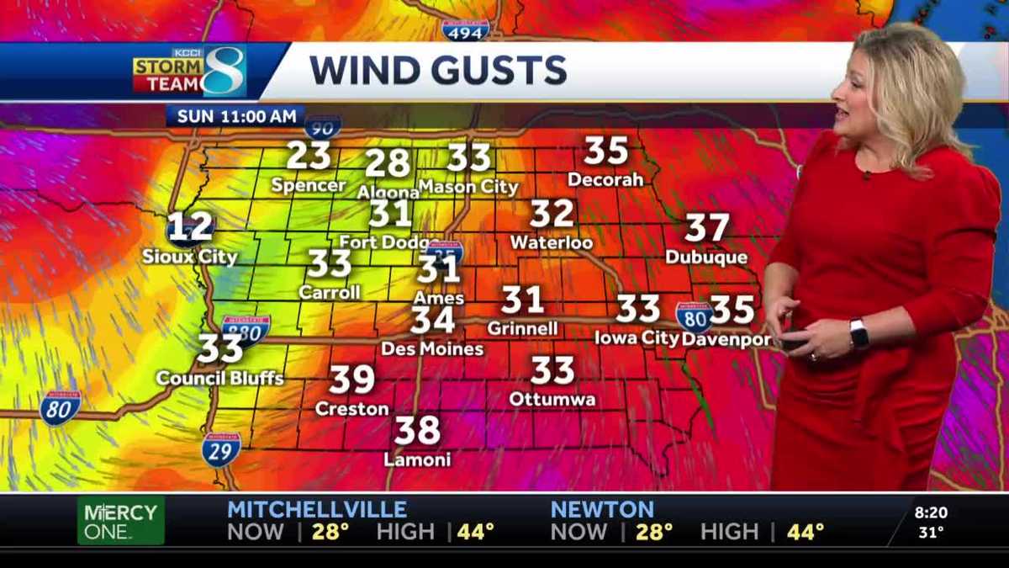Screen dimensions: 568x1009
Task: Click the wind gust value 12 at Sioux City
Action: tap(191, 227)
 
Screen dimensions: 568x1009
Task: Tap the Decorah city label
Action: tap(605, 179)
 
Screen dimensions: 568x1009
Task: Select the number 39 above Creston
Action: tap(351, 380)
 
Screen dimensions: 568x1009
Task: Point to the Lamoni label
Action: tap(417, 459)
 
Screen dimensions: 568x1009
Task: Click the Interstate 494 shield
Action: tap(465, 30)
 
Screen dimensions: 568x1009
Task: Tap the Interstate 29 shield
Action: tap(221, 450)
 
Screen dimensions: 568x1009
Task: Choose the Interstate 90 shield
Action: tap(323, 126)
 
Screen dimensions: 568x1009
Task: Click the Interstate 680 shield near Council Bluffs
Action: tap(246, 331)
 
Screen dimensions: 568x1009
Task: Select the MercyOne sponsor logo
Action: tap(121, 520)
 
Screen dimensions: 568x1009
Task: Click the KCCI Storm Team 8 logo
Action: tap(189, 72)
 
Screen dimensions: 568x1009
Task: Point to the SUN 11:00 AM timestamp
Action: tap(231, 115)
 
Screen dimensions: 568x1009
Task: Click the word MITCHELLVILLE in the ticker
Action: tap(317, 509)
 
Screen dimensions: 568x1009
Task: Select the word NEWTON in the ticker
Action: tap(602, 509)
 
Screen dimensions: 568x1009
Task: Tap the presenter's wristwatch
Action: tap(858, 334)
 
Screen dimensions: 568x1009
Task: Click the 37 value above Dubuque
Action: tap(706, 228)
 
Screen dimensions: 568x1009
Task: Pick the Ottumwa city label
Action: tap(552, 399)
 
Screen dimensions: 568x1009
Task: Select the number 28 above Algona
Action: tap(388, 163)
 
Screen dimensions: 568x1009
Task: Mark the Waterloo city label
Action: tap(552, 243)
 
